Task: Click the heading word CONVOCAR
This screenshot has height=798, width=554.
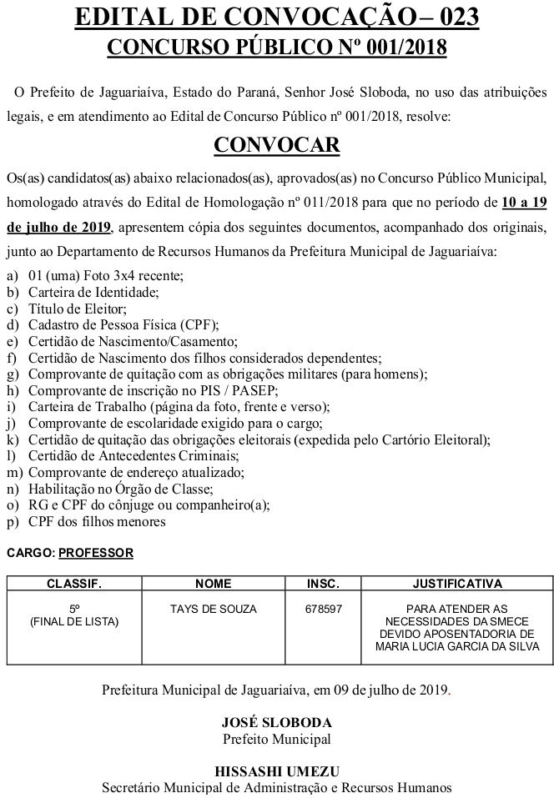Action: [276, 145]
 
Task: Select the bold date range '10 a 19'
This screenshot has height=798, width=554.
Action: [524, 203]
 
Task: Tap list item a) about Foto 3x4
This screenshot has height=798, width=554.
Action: [105, 275]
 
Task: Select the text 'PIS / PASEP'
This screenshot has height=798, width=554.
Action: [239, 390]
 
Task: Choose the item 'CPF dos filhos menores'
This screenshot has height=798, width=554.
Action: [97, 522]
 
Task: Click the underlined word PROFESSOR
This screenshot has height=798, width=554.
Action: [96, 553]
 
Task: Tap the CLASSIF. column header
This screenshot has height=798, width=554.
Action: [74, 583]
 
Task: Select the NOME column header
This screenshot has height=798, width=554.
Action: [213, 583]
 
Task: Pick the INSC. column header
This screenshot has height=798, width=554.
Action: [324, 583]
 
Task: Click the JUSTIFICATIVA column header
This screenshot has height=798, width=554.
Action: [457, 583]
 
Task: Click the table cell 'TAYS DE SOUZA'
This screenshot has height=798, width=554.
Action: [213, 609]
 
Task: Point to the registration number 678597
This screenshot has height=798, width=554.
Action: [324, 609]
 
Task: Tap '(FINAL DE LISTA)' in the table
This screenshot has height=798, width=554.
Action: [74, 621]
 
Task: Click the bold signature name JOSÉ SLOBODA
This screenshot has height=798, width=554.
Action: [276, 723]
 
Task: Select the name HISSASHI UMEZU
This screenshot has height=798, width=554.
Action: [276, 771]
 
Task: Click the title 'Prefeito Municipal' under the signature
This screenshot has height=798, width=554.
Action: [276, 739]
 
